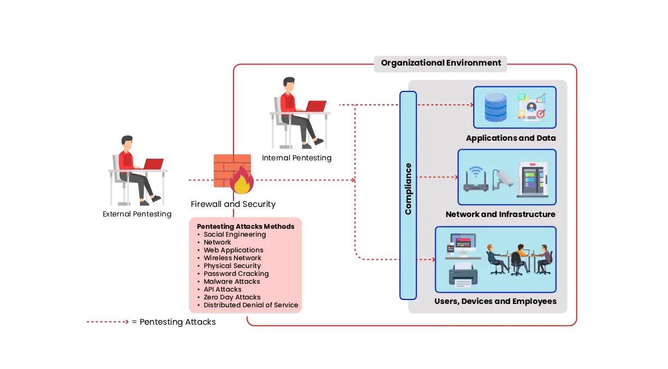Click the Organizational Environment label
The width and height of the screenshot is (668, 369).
pyautogui.click(x=441, y=63)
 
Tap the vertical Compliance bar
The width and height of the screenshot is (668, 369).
pyautogui.click(x=408, y=195)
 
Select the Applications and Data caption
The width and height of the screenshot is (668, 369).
pyautogui.click(x=510, y=138)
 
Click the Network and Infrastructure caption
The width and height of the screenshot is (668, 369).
pyautogui.click(x=500, y=214)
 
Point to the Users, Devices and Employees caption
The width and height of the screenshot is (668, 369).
pyautogui.click(x=495, y=301)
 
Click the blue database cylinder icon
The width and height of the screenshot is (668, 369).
pyautogui.click(x=495, y=107)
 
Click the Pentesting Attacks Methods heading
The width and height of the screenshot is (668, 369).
pyautogui.click(x=245, y=227)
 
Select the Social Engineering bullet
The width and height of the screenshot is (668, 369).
pyautogui.click(x=235, y=234)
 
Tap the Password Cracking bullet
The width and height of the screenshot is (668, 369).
pyautogui.click(x=236, y=274)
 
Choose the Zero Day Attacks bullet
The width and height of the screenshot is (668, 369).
pyautogui.click(x=232, y=297)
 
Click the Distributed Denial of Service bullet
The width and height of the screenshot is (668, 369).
pyautogui.click(x=250, y=305)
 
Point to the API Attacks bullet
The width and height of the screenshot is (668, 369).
pyautogui.click(x=222, y=289)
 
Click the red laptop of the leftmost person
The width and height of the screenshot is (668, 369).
pyautogui.click(x=153, y=163)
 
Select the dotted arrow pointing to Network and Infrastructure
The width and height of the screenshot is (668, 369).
pyautogui.click(x=438, y=177)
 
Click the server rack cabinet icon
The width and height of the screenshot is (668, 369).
pyautogui.click(x=532, y=179)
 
